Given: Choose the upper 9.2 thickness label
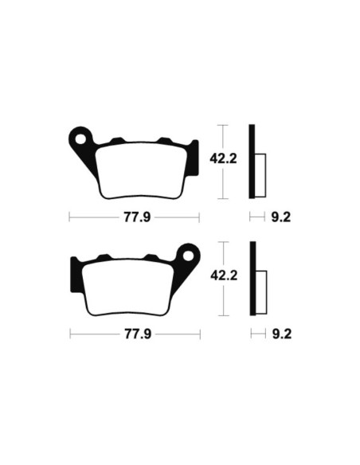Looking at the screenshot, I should [x=281, y=216].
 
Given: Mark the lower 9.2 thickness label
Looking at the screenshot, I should [x=281, y=334].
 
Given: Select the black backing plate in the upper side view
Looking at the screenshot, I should [x=253, y=162].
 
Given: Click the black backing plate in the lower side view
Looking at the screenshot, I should [x=253, y=279].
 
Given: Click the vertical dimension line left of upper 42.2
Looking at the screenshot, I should [x=225, y=162].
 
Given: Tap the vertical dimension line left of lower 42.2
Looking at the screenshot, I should [x=225, y=279].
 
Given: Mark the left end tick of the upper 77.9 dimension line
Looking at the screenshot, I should [x=70, y=216].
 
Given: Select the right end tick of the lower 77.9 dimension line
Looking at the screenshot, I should [x=199, y=334].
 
